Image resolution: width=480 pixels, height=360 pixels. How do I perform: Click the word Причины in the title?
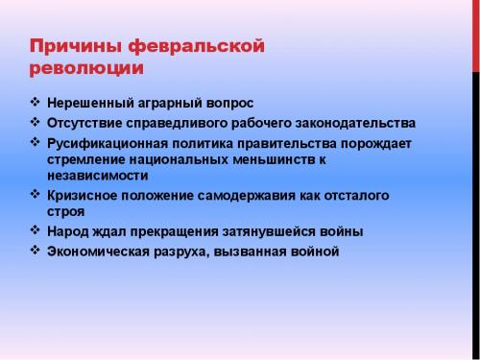click(x=74, y=47)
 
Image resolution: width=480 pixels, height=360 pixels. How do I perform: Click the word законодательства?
click(x=356, y=124)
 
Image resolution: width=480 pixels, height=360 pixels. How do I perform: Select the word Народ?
click(x=67, y=231)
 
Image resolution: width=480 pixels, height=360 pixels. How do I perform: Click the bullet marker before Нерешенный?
click(x=35, y=102)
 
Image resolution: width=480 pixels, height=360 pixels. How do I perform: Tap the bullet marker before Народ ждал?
click(x=35, y=230)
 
